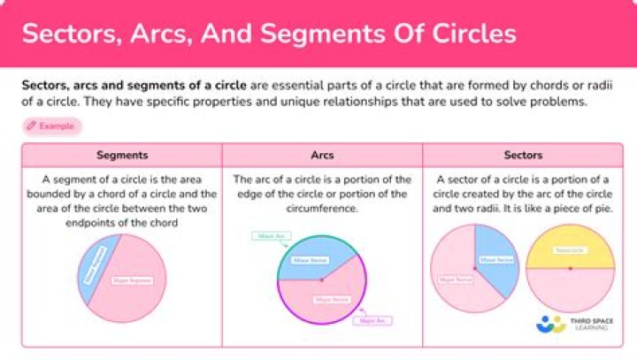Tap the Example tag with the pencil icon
[x=51, y=126]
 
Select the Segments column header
[x=122, y=155]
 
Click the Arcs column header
[x=322, y=155]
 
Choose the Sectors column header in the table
[x=523, y=155]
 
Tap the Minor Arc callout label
[x=269, y=236]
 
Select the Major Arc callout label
[x=372, y=320]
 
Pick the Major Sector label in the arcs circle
[x=332, y=299]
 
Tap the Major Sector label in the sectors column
[x=453, y=280]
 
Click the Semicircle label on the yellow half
[x=569, y=250]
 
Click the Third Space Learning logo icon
[x=550, y=325]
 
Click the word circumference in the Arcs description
[x=322, y=209]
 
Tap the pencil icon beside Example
[x=32, y=126]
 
